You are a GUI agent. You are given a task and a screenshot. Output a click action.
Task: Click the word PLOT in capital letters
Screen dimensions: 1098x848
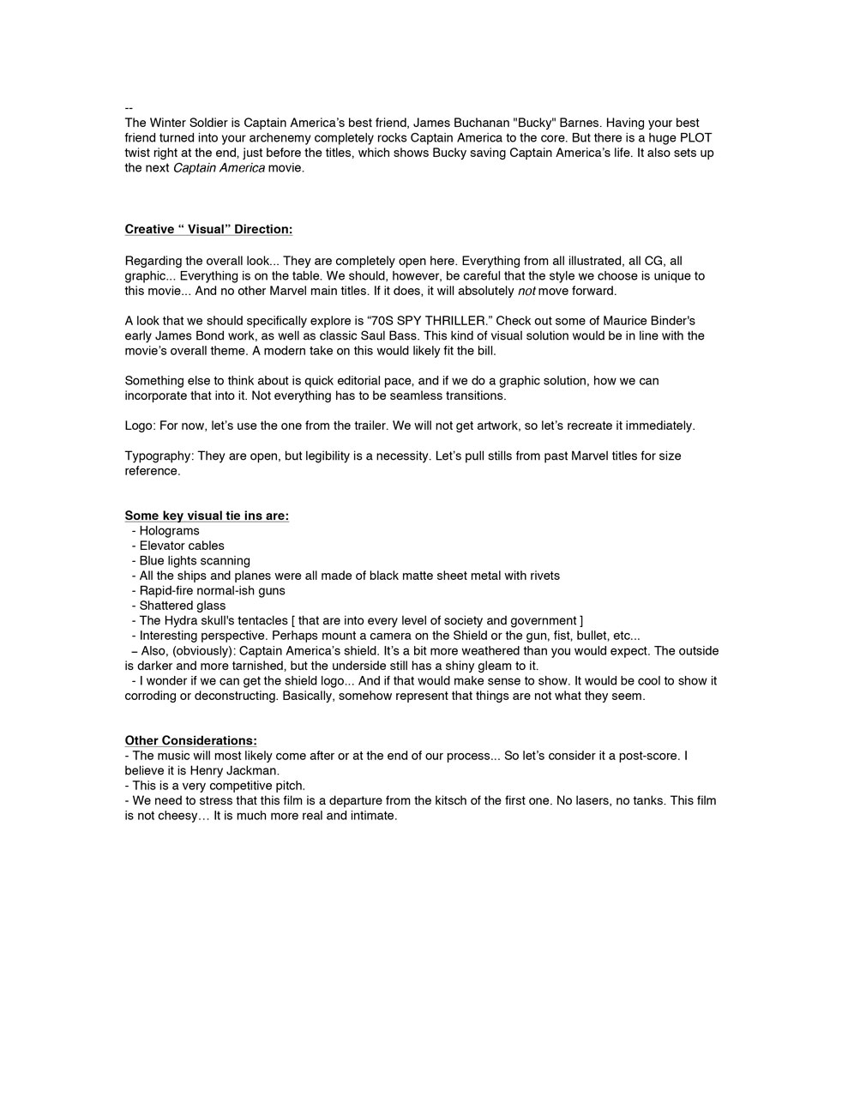695,138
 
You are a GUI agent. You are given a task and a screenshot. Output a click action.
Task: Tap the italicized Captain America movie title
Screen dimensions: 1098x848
219,168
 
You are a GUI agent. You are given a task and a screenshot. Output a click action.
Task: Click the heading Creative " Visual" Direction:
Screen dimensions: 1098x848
208,229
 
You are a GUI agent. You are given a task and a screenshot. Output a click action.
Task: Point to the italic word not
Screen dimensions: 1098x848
526,291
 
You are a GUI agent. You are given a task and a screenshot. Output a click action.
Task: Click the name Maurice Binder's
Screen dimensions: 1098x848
647,321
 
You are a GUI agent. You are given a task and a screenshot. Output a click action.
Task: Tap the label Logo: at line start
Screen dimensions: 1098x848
140,425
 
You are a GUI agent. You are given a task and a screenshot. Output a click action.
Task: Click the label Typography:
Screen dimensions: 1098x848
159,455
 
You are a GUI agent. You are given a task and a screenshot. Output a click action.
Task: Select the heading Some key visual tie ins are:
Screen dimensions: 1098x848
207,516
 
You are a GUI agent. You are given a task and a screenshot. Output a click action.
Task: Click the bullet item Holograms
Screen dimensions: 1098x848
169,531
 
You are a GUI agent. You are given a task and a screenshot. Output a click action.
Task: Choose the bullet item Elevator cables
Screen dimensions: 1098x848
182,546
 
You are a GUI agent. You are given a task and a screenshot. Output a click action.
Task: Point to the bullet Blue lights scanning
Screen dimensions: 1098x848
195,561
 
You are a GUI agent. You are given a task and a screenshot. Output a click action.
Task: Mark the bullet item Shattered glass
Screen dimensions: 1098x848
183,606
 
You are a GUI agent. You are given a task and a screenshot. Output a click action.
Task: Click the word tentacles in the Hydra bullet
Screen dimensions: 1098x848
262,621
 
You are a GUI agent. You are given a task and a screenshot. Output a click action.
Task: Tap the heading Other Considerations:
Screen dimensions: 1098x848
190,740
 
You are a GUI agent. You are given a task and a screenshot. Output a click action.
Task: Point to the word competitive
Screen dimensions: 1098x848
229,786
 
